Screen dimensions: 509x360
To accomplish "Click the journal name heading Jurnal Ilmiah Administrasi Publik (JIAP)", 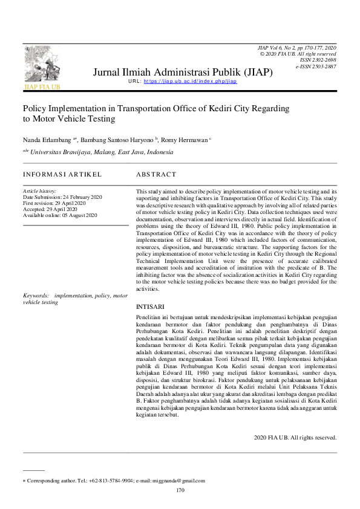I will [183, 73].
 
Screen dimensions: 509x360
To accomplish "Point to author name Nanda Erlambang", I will [47, 140].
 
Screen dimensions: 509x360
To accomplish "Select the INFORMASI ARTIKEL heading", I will [62, 174].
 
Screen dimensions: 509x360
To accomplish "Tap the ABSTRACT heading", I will [156, 174].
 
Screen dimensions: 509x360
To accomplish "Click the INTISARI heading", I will [149, 306].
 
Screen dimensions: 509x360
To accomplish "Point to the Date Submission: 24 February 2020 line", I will [62, 197].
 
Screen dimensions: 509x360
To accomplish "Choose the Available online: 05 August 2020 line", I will [60, 215].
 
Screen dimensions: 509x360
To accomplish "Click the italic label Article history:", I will [39, 191].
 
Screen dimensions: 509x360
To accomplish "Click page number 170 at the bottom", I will [180, 490].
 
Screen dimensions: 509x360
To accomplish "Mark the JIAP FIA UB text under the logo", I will [42, 87].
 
